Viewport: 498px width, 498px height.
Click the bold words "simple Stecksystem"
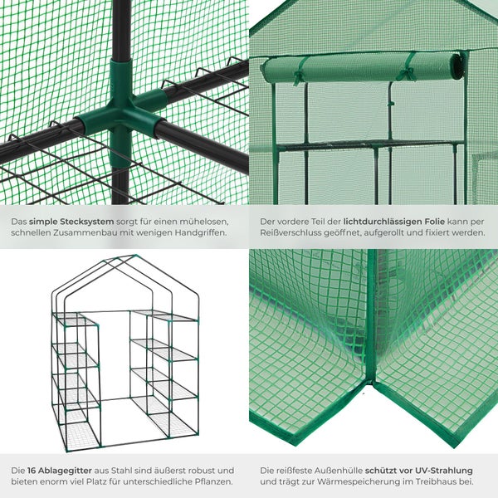71,222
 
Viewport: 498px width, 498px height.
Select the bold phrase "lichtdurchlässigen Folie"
394,222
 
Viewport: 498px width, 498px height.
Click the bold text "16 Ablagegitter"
60,471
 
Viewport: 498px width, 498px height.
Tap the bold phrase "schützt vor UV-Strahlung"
419,471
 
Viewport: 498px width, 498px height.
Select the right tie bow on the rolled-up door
406,75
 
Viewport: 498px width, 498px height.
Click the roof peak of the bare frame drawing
134,256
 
